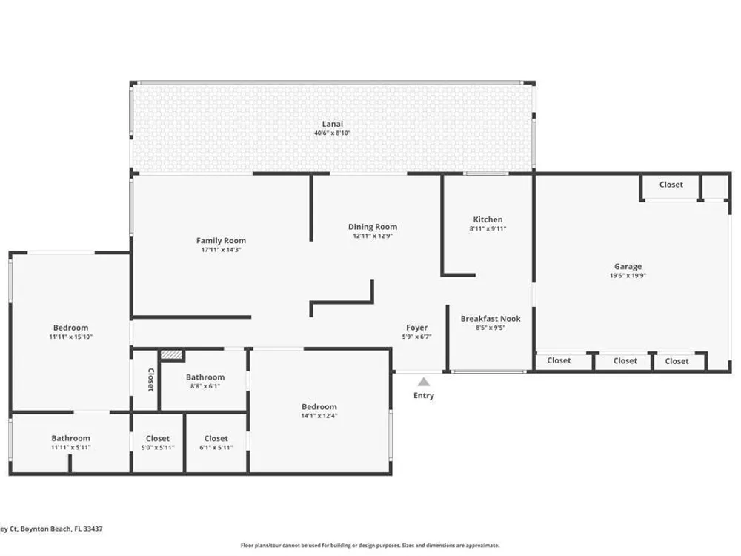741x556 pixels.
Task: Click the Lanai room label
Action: (x=332, y=124)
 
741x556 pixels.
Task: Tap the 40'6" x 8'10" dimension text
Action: (x=332, y=133)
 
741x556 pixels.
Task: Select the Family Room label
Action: (x=221, y=240)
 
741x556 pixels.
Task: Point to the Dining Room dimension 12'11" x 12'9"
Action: (x=373, y=236)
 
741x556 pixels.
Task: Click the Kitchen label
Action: (x=488, y=219)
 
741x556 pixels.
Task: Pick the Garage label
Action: (x=628, y=267)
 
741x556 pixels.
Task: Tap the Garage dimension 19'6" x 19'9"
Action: (x=628, y=275)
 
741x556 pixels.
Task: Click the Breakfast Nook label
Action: (x=491, y=319)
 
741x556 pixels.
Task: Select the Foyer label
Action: (x=416, y=328)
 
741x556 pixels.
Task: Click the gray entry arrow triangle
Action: (x=424, y=382)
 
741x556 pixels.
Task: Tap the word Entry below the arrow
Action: (x=423, y=395)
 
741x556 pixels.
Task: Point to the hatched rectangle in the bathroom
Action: (x=171, y=354)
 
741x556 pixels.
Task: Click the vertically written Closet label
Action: (x=150, y=380)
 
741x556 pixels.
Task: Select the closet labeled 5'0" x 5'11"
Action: (x=157, y=443)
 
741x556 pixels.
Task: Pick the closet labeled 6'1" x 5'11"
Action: (x=216, y=443)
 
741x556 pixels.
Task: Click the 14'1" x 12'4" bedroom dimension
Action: (x=319, y=416)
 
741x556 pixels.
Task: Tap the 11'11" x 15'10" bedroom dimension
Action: (x=70, y=337)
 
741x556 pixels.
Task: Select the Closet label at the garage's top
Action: (x=671, y=185)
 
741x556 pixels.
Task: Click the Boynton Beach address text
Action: (x=51, y=529)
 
